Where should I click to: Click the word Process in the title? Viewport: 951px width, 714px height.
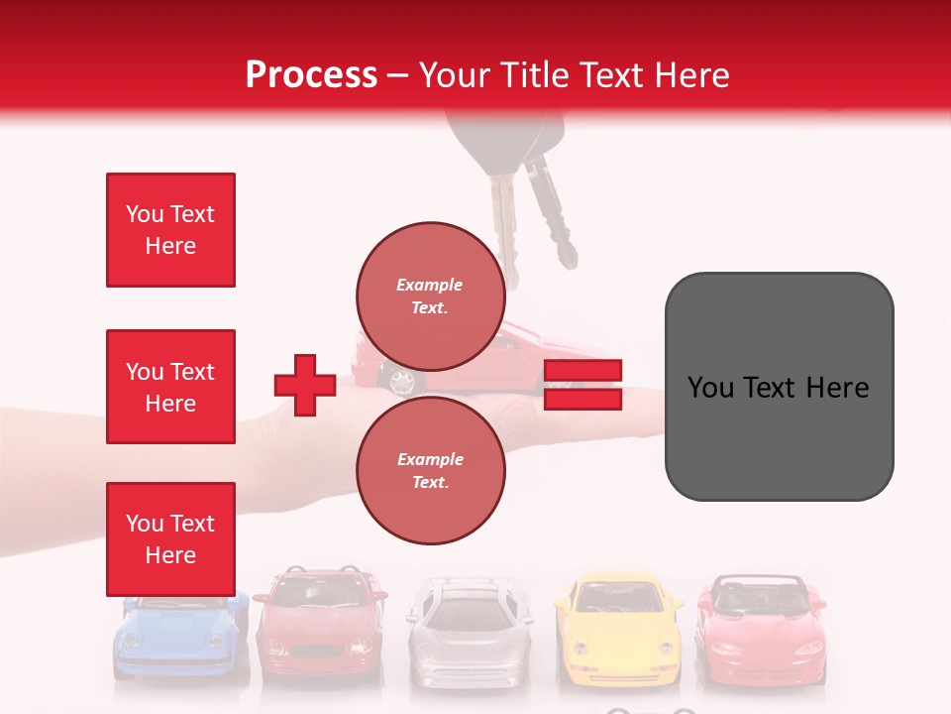point(311,75)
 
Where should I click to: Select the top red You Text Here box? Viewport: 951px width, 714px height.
point(170,230)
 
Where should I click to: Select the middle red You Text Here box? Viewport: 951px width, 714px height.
point(170,387)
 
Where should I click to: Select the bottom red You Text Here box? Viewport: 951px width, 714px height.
point(170,539)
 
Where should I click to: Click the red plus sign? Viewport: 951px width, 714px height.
point(305,385)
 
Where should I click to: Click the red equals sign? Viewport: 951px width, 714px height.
point(582,385)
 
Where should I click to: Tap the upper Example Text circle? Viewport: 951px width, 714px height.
point(430,296)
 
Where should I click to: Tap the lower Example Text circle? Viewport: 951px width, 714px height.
point(430,471)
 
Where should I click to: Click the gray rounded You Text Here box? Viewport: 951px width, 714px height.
point(779,387)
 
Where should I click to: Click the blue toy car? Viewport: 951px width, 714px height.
point(178,639)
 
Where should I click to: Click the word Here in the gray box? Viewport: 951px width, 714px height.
point(837,388)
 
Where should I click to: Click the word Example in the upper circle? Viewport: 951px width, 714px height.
point(430,285)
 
